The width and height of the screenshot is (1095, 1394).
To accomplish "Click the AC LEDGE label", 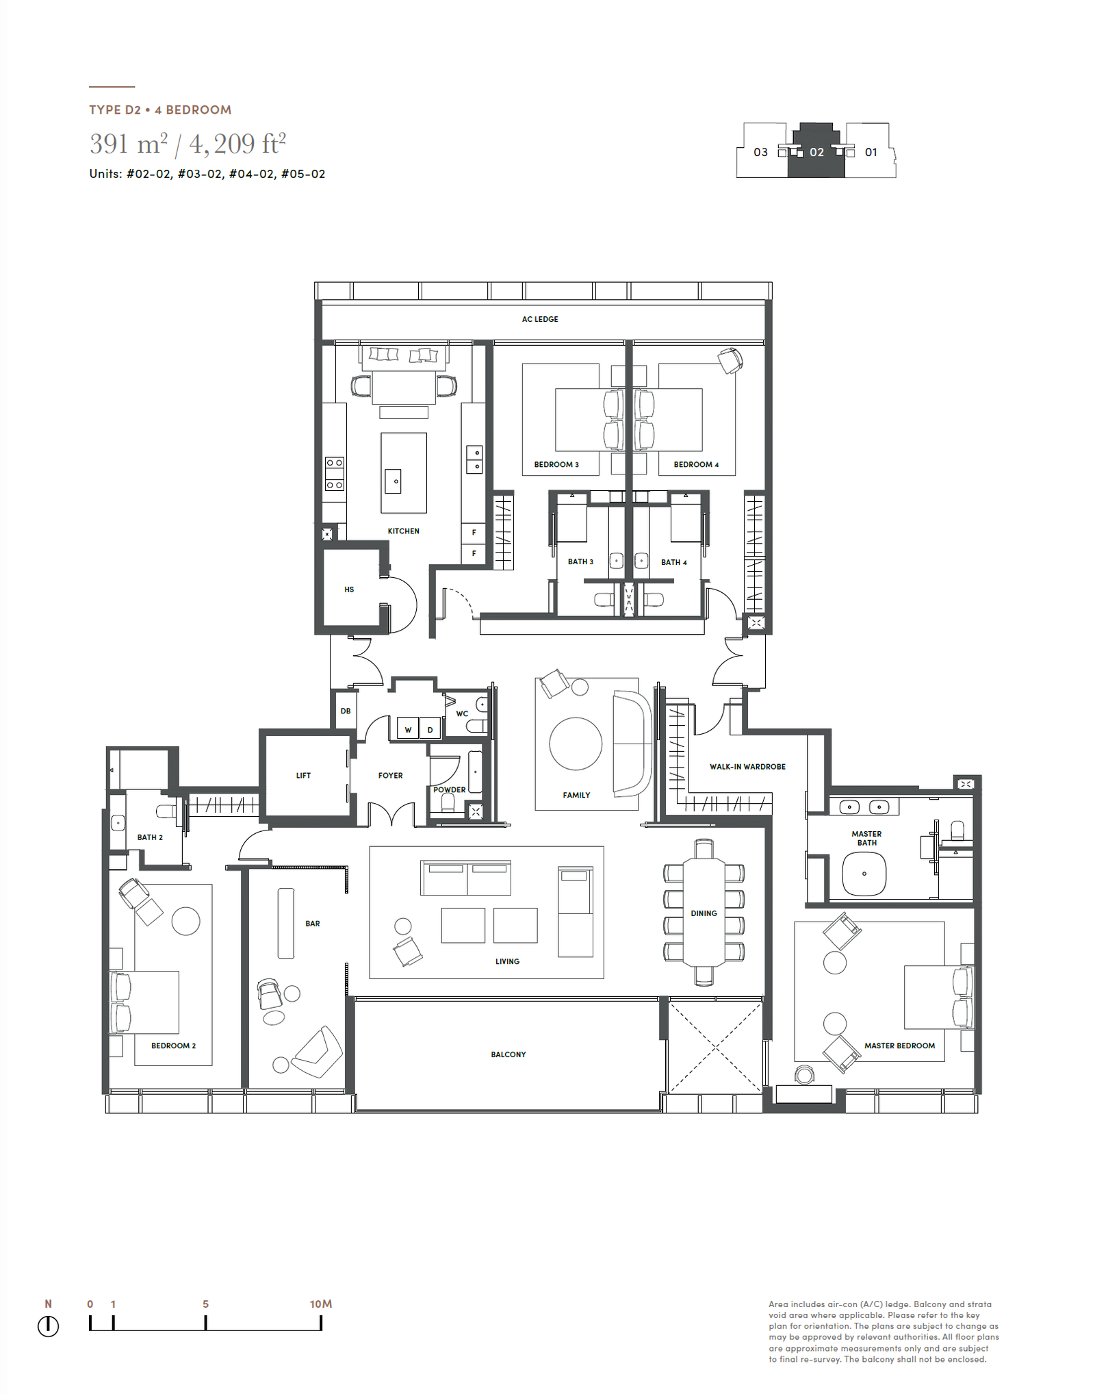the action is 540,319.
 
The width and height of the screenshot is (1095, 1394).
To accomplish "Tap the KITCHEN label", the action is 403,531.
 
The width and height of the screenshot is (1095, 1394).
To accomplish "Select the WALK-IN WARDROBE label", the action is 747,767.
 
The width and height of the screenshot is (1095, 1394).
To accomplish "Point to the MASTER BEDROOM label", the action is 899,1045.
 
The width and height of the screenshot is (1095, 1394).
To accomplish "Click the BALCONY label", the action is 508,1054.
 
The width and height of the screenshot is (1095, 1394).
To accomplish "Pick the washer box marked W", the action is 409,729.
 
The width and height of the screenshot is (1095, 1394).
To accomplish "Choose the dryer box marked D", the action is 430,729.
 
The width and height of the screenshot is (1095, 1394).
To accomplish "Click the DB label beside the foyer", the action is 346,711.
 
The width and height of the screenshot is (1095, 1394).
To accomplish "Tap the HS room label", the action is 349,590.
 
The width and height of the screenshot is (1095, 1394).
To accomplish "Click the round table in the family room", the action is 576,744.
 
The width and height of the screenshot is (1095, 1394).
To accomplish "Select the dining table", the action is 704,912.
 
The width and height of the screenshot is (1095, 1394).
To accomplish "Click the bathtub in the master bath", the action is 864,874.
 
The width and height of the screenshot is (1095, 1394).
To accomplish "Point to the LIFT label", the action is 303,776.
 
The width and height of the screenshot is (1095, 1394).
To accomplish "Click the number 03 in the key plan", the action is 761,152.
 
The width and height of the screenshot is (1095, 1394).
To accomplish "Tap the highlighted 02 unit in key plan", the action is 816,152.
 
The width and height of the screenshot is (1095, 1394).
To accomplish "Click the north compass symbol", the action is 49,1326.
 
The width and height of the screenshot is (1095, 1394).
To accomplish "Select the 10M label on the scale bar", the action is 321,1304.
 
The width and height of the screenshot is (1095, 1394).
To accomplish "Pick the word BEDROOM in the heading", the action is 198,110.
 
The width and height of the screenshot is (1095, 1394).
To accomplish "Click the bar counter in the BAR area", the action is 286,923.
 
